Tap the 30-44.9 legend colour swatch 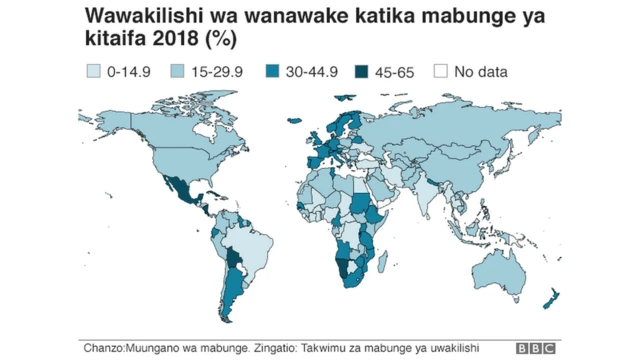[x=273, y=71]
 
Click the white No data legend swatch [x=440, y=71]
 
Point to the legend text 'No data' [x=480, y=71]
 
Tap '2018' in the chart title [x=176, y=41]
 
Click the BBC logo [x=536, y=348]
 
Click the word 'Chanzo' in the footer [x=104, y=347]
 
